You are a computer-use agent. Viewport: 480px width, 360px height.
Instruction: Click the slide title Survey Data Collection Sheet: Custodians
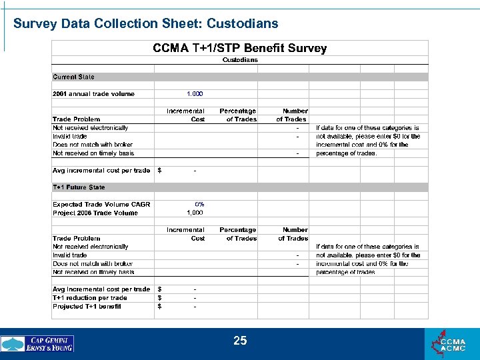pos(145,24)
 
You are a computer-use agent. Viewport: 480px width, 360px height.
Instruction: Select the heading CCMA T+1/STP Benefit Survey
pos(240,48)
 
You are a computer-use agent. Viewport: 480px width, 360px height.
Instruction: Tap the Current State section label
pos(73,77)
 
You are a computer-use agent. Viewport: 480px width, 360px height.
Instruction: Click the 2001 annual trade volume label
pos(93,94)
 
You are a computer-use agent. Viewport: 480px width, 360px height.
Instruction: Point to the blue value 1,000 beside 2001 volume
pos(195,94)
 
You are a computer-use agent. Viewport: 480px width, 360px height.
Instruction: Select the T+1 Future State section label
pos(79,187)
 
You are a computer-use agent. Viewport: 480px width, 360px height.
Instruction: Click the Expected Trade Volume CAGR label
pos(101,205)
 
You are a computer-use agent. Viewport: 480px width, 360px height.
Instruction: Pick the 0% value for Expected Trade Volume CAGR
pos(199,204)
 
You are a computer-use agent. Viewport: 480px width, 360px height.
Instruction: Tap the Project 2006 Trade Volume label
pos(95,213)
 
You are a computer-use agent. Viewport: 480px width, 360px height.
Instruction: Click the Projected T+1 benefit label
pos(87,307)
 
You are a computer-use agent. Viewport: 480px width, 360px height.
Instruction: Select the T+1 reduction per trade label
pos(89,298)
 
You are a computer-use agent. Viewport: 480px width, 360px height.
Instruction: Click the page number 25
pos(240,341)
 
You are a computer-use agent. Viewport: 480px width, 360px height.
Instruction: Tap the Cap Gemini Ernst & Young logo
pos(37,344)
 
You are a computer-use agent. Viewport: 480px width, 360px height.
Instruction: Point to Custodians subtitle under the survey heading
pos(239,60)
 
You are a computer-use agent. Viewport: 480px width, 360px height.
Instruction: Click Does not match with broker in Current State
pos(93,145)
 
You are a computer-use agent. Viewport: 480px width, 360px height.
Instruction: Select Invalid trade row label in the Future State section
pos(70,255)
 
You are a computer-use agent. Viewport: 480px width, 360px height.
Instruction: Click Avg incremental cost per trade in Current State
pos(101,171)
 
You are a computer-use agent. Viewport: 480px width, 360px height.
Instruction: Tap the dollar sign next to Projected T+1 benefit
pos(159,307)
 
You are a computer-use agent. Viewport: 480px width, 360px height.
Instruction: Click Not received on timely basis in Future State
pos(93,272)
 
